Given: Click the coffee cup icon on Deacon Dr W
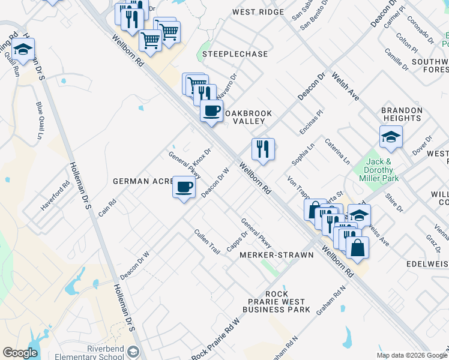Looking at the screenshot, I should coord(184,187).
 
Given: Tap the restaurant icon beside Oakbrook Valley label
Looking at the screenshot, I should coord(262,149).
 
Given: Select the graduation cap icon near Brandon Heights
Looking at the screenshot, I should coord(390,137).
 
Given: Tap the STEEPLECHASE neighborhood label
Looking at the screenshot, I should coord(235,54).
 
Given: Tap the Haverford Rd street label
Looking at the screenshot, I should coord(55,193).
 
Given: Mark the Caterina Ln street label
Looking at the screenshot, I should coord(337,152).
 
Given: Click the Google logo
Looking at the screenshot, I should coord(20,353).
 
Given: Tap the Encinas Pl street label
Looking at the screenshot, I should coord(311,122).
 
